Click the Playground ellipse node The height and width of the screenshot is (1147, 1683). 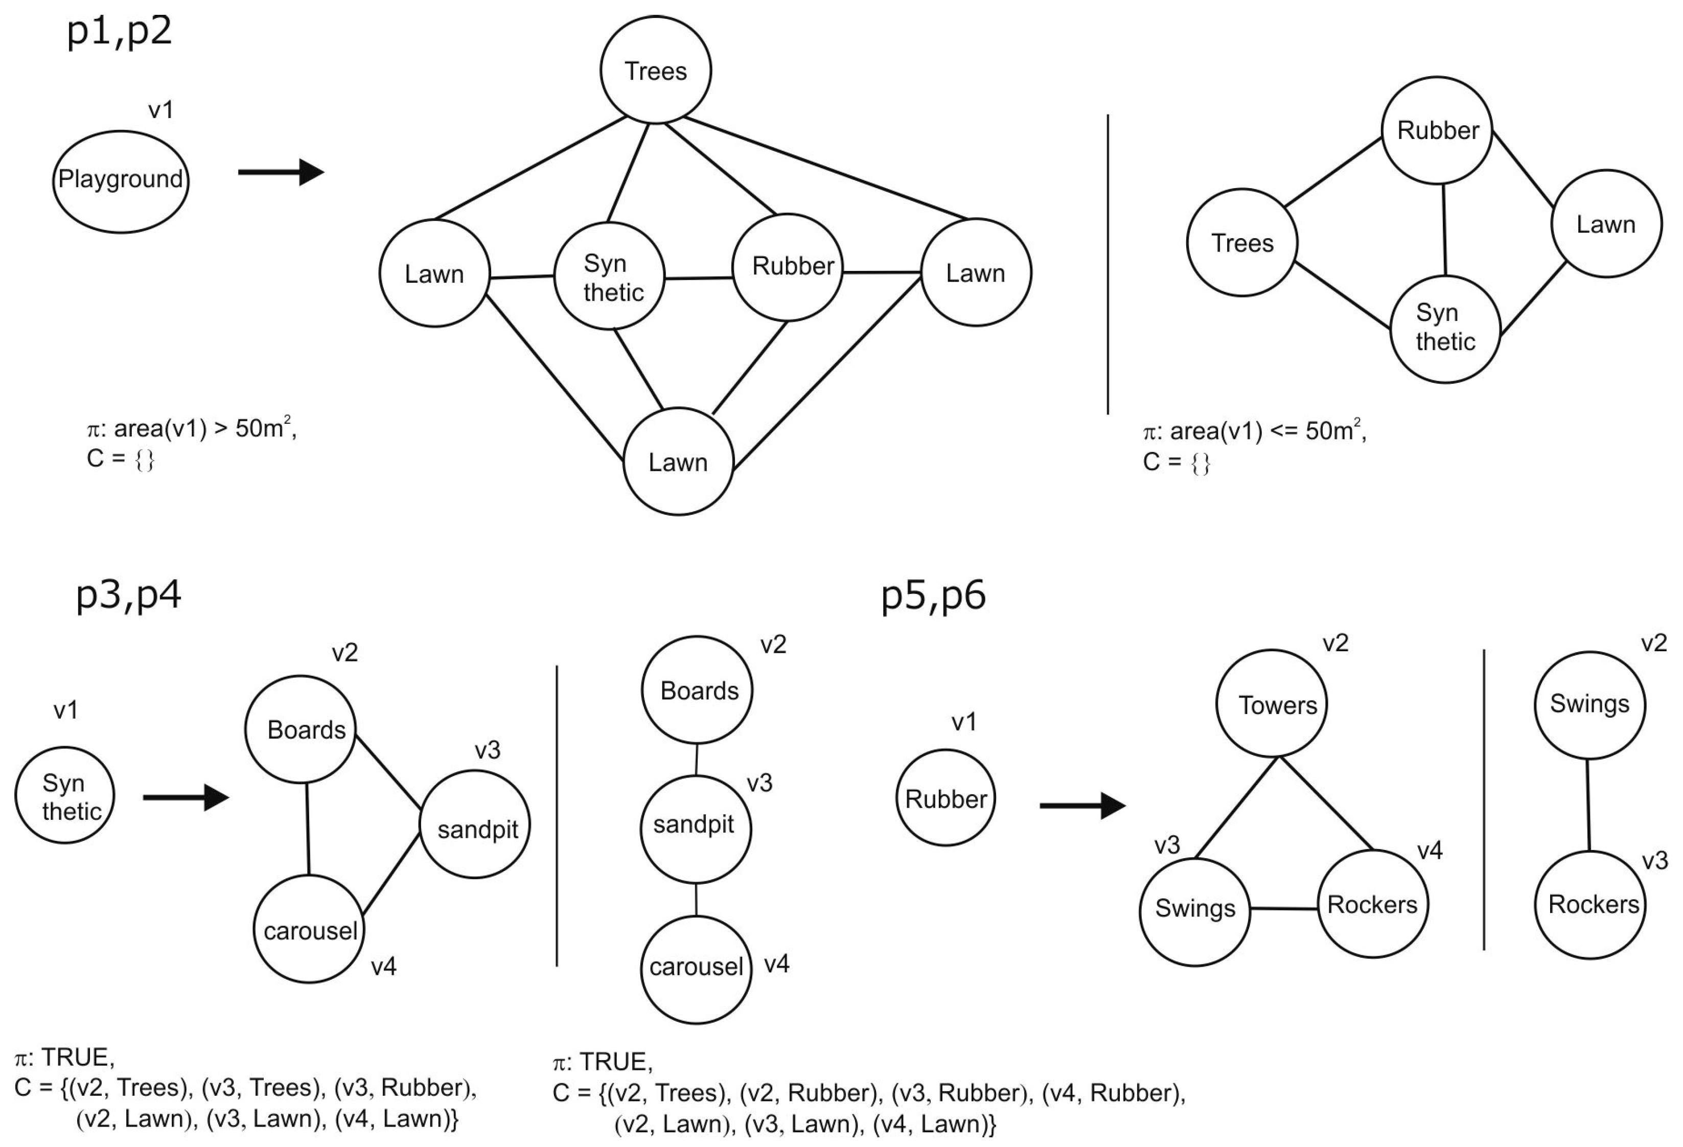pos(120,181)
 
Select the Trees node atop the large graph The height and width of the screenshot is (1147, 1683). pos(655,70)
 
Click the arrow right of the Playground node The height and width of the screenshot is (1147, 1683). pos(281,172)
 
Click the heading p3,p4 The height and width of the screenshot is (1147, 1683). pos(128,595)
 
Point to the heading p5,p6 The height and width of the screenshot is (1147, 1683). pos(933,595)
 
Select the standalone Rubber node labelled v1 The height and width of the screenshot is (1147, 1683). pos(946,798)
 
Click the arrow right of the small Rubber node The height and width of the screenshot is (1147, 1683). pos(1082,805)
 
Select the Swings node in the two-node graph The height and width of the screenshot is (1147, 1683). pos(1589,704)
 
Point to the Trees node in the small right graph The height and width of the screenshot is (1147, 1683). pos(1241,243)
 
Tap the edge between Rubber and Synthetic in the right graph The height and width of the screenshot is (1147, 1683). pos(1444,230)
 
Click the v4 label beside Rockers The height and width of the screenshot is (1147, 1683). pos(1430,850)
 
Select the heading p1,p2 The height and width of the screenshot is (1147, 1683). pos(120,32)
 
